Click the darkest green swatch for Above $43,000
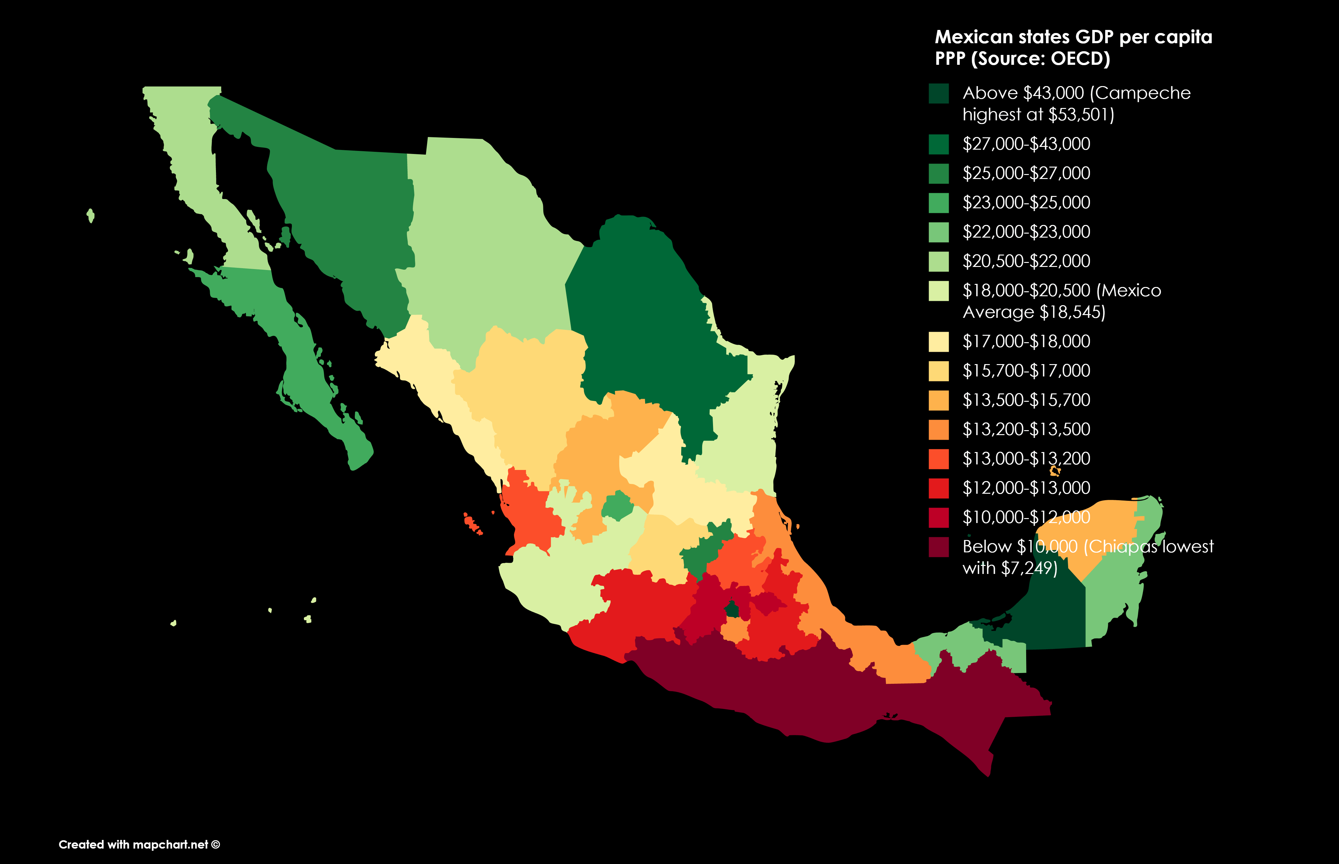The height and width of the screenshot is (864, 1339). tap(939, 93)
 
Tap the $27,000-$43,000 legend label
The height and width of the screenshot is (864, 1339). tap(1026, 144)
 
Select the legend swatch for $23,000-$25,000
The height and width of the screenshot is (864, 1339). tap(939, 202)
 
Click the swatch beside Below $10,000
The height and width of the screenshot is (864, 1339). tap(939, 547)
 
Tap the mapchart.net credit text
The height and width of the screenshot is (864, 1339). tap(139, 844)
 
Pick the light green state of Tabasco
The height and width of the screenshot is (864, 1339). tap(965, 645)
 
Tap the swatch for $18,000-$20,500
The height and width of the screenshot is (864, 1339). tap(939, 291)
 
